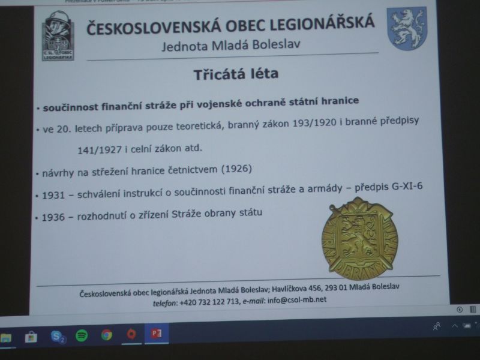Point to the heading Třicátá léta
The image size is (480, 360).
[x=227, y=76]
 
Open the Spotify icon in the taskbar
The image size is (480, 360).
[x=82, y=336]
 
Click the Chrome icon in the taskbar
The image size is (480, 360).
[x=107, y=335]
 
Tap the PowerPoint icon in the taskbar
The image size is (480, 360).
[x=157, y=334]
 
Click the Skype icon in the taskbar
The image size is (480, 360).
[x=58, y=337]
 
